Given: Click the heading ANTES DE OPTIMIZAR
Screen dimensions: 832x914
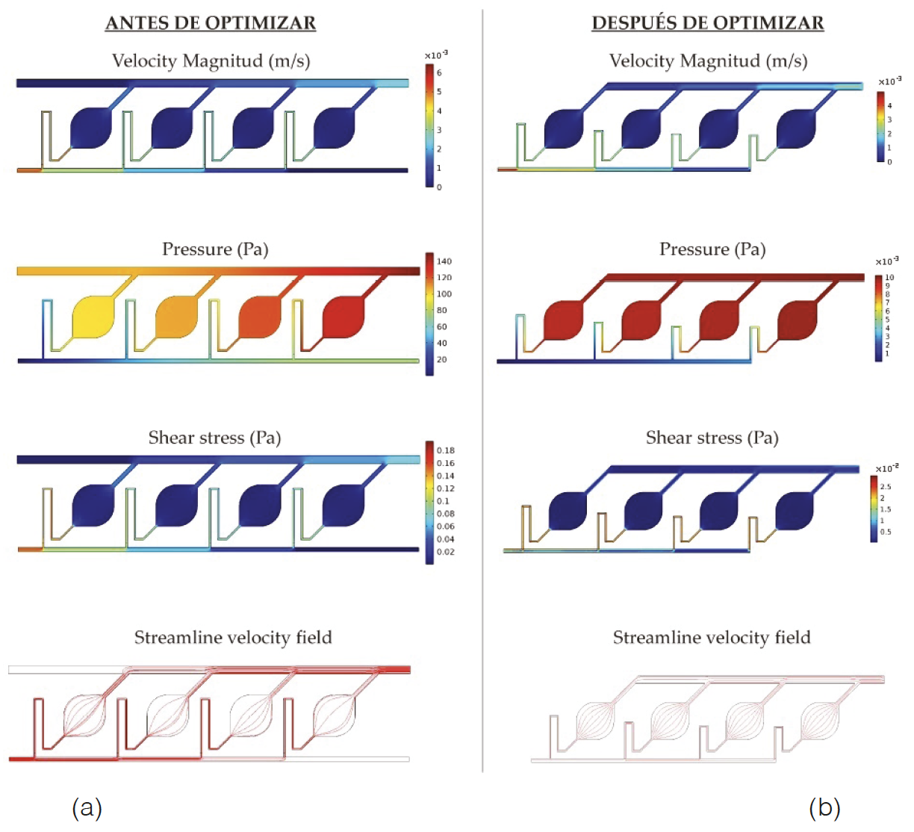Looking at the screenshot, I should point(211,23).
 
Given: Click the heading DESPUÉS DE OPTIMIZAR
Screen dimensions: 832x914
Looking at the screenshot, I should point(707,23).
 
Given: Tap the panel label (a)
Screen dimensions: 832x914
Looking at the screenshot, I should point(87,807).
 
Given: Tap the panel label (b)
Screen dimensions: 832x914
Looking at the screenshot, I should point(824,807).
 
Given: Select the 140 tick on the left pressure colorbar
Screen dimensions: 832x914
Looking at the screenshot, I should point(444,261).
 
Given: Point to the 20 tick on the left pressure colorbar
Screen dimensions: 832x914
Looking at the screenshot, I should point(442,359).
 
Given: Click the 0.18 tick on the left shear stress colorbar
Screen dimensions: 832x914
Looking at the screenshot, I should point(446,450).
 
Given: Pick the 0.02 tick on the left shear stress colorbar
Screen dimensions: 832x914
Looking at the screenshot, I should point(446,552).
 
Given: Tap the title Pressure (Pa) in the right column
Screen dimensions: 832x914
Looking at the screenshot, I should point(712,249).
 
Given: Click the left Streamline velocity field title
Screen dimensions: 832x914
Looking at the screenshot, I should point(233,637).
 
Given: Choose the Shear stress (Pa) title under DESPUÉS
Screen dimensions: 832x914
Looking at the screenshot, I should point(712,438).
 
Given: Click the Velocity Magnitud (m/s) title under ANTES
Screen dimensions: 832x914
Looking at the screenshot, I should point(211,61).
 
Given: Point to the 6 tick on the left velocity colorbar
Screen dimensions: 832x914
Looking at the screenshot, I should point(439,72).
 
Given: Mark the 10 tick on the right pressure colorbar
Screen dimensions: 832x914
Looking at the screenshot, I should point(889,277).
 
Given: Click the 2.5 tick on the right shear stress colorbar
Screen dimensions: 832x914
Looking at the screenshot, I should point(885,486).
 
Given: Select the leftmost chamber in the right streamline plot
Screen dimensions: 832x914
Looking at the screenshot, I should point(596,721).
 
